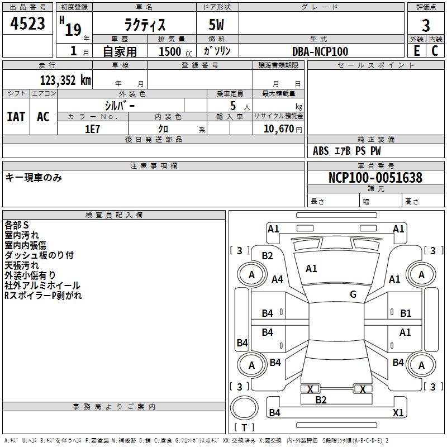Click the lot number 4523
click(x=27, y=23)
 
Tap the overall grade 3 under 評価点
click(x=426, y=26)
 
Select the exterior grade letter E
click(x=417, y=51)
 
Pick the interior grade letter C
click(x=435, y=51)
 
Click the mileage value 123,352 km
click(x=65, y=80)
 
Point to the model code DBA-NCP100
click(x=320, y=51)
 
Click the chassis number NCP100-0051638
click(x=375, y=178)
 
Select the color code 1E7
click(x=92, y=129)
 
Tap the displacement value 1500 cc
click(x=175, y=51)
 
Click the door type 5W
click(x=216, y=25)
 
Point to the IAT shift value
click(x=16, y=117)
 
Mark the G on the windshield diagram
click(x=353, y=294)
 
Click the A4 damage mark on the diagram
click(x=277, y=279)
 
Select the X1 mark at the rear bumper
click(x=398, y=412)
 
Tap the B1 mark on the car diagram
click(x=406, y=313)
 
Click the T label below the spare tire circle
click(x=244, y=427)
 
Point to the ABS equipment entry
click(x=321, y=151)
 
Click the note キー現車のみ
click(x=34, y=178)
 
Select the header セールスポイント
click(x=375, y=65)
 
